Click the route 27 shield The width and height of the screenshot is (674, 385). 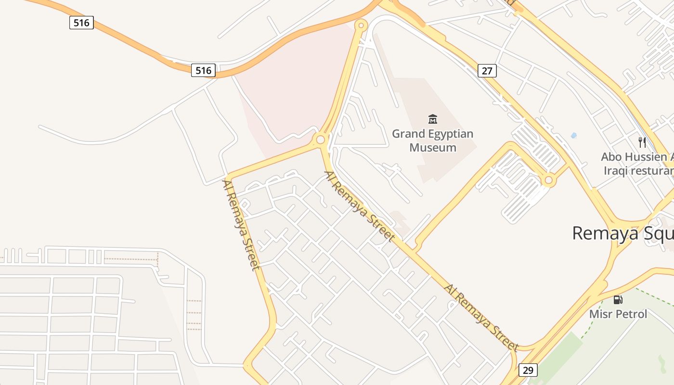pyautogui.click(x=487, y=71)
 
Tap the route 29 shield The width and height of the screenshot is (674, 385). pyautogui.click(x=528, y=370)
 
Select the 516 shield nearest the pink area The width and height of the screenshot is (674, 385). pyautogui.click(x=203, y=70)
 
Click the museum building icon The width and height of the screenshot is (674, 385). pyautogui.click(x=433, y=119)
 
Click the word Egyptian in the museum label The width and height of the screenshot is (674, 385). pyautogui.click(x=452, y=134)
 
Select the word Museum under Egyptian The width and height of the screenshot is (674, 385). pyautogui.click(x=433, y=147)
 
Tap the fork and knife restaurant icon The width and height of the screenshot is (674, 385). pyautogui.click(x=642, y=142)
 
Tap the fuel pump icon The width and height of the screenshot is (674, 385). pyautogui.click(x=618, y=300)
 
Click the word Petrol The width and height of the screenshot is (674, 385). pyautogui.click(x=632, y=314)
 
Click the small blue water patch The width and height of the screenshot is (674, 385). pyautogui.click(x=573, y=136)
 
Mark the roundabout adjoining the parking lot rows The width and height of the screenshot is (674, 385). pyautogui.click(x=548, y=180)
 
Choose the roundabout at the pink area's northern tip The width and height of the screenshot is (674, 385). pyautogui.click(x=361, y=25)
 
